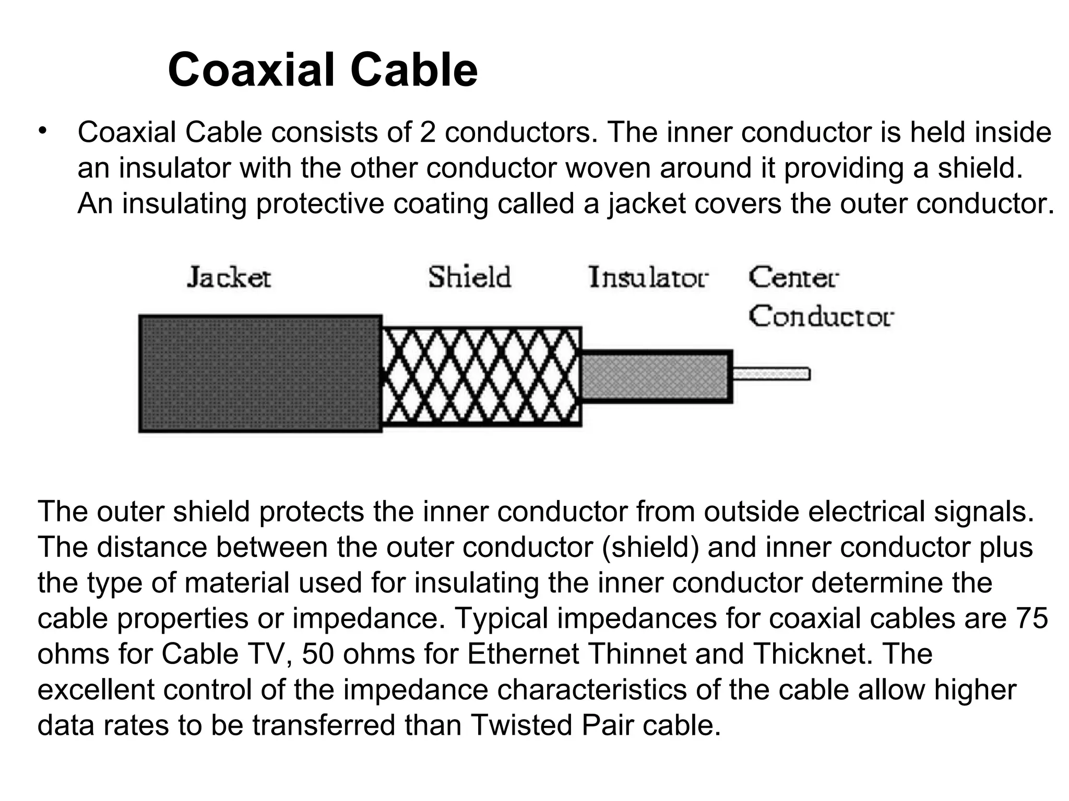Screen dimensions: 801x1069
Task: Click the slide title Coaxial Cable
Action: (323, 70)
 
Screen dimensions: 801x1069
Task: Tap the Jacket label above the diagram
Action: (229, 277)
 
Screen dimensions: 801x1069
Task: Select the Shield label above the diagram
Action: (469, 277)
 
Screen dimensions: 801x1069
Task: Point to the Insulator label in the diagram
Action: (648, 277)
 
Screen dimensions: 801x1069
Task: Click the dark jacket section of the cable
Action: (260, 373)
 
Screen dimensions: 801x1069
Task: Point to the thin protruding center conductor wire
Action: (771, 374)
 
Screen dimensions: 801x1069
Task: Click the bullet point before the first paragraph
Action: (42, 130)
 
